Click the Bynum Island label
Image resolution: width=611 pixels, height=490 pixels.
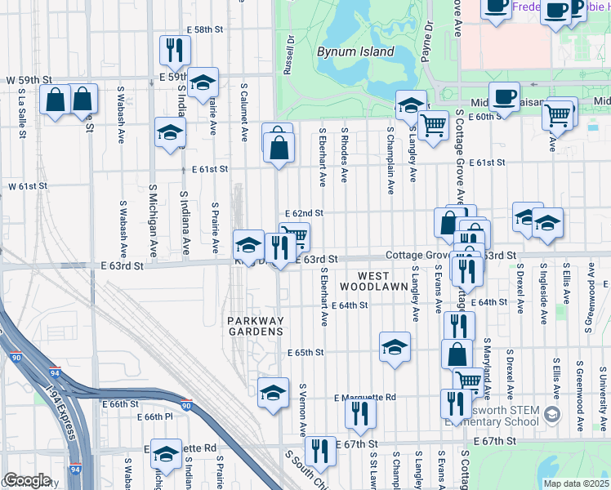pyautogui.click(x=355, y=52)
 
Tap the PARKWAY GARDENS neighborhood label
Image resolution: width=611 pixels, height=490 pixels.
pyautogui.click(x=256, y=326)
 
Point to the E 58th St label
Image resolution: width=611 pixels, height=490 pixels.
pyautogui.click(x=182, y=29)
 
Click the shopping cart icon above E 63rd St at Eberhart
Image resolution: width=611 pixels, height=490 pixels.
pyautogui.click(x=295, y=237)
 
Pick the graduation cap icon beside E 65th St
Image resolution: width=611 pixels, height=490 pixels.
pyautogui.click(x=395, y=348)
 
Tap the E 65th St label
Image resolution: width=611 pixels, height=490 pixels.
pyautogui.click(x=306, y=353)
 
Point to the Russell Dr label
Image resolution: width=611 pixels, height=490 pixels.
pyautogui.click(x=288, y=55)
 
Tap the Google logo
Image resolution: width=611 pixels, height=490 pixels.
pyautogui.click(x=27, y=480)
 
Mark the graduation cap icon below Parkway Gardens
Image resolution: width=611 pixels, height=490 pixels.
pyautogui.click(x=273, y=392)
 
